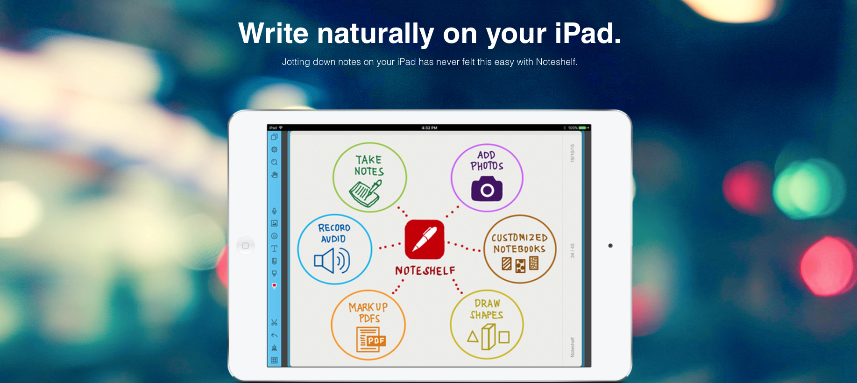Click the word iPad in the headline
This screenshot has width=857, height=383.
pyautogui.click(x=588, y=34)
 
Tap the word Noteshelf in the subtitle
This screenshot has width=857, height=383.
pyautogui.click(x=556, y=62)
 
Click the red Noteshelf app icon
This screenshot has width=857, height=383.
pyautogui.click(x=424, y=239)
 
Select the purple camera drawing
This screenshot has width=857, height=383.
pyautogui.click(x=487, y=189)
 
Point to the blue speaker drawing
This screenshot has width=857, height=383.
pyautogui.click(x=332, y=261)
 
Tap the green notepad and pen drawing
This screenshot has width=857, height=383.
pyautogui.click(x=365, y=192)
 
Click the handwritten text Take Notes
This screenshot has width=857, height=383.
pyautogui.click(x=369, y=166)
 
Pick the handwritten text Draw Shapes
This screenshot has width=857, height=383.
pyautogui.click(x=487, y=309)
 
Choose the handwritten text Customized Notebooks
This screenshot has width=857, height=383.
pyautogui.click(x=519, y=243)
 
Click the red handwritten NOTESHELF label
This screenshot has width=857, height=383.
pyautogui.click(x=425, y=271)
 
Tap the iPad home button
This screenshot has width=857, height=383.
pyautogui.click(x=246, y=246)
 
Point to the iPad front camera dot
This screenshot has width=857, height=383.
pyautogui.click(x=610, y=246)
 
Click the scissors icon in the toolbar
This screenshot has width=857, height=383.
pyautogui.click(x=274, y=323)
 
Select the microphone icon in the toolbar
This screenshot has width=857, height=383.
pyautogui.click(x=274, y=211)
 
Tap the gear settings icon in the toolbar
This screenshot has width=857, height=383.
pyautogui.click(x=274, y=149)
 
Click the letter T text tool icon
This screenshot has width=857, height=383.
pyautogui.click(x=274, y=248)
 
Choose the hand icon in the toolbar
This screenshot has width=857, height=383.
pyautogui.click(x=274, y=175)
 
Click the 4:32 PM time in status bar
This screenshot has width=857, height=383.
pyautogui.click(x=429, y=128)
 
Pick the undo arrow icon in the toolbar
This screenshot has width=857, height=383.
pyautogui.click(x=274, y=335)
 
